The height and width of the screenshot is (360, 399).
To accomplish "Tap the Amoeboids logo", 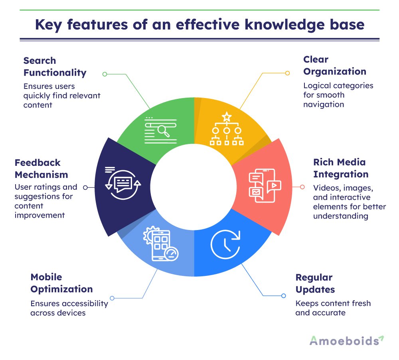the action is click(x=347, y=341).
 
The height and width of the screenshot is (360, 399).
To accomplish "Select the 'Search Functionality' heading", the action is click(x=55, y=67).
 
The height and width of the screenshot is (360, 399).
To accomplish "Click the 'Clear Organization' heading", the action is click(x=335, y=66).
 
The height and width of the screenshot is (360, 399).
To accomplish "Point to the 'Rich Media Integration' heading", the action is click(x=341, y=168).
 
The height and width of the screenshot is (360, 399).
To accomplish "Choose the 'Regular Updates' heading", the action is click(x=315, y=283).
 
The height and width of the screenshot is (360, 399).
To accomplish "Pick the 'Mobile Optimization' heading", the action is click(x=61, y=283).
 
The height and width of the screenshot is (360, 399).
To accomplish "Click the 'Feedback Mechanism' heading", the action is click(x=41, y=169).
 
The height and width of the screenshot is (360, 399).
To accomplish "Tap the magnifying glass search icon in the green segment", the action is click(x=163, y=131).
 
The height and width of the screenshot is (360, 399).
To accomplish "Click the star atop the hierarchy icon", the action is click(x=227, y=117).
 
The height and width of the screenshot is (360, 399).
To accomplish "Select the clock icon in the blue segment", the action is click(x=225, y=244).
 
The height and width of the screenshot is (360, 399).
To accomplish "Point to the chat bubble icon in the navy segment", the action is click(x=123, y=183).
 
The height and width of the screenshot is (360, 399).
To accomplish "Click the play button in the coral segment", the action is click(x=274, y=186).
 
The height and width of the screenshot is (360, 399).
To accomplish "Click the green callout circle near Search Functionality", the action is click(x=105, y=74).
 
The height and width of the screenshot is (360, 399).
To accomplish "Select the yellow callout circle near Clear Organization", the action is click(x=287, y=73).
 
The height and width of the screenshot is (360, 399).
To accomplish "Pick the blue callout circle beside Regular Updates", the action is click(x=283, y=296).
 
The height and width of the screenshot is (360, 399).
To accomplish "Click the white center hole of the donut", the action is click(x=194, y=187).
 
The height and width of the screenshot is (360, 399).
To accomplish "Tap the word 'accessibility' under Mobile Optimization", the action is click(x=85, y=304).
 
